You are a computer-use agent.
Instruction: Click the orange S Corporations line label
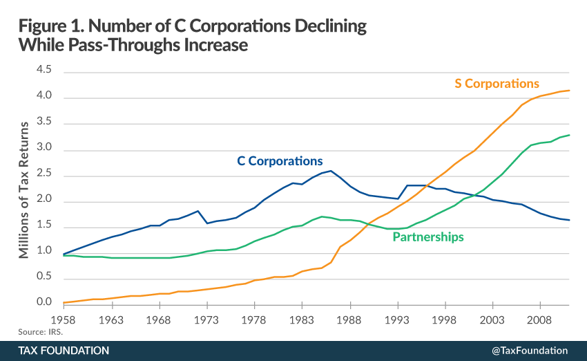click(497, 84)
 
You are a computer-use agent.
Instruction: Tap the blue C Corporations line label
click(280, 161)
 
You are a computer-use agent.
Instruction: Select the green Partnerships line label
click(428, 237)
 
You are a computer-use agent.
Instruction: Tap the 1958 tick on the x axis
click(64, 321)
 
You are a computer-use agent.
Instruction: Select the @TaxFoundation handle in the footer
click(530, 351)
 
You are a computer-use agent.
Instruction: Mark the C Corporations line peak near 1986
click(331, 171)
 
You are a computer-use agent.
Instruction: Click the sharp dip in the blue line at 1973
click(207, 223)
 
